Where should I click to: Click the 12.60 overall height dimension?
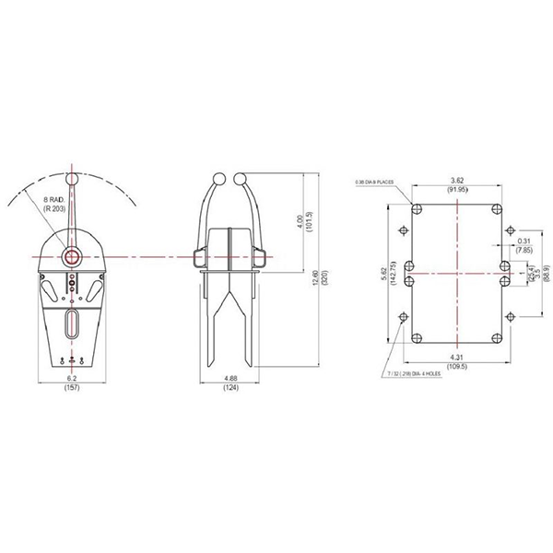314,276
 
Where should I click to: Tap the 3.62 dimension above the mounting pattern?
457,180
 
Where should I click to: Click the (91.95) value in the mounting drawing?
457,191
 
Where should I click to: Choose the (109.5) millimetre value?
457,366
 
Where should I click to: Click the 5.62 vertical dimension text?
384,274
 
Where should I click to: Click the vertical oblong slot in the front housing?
72,326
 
